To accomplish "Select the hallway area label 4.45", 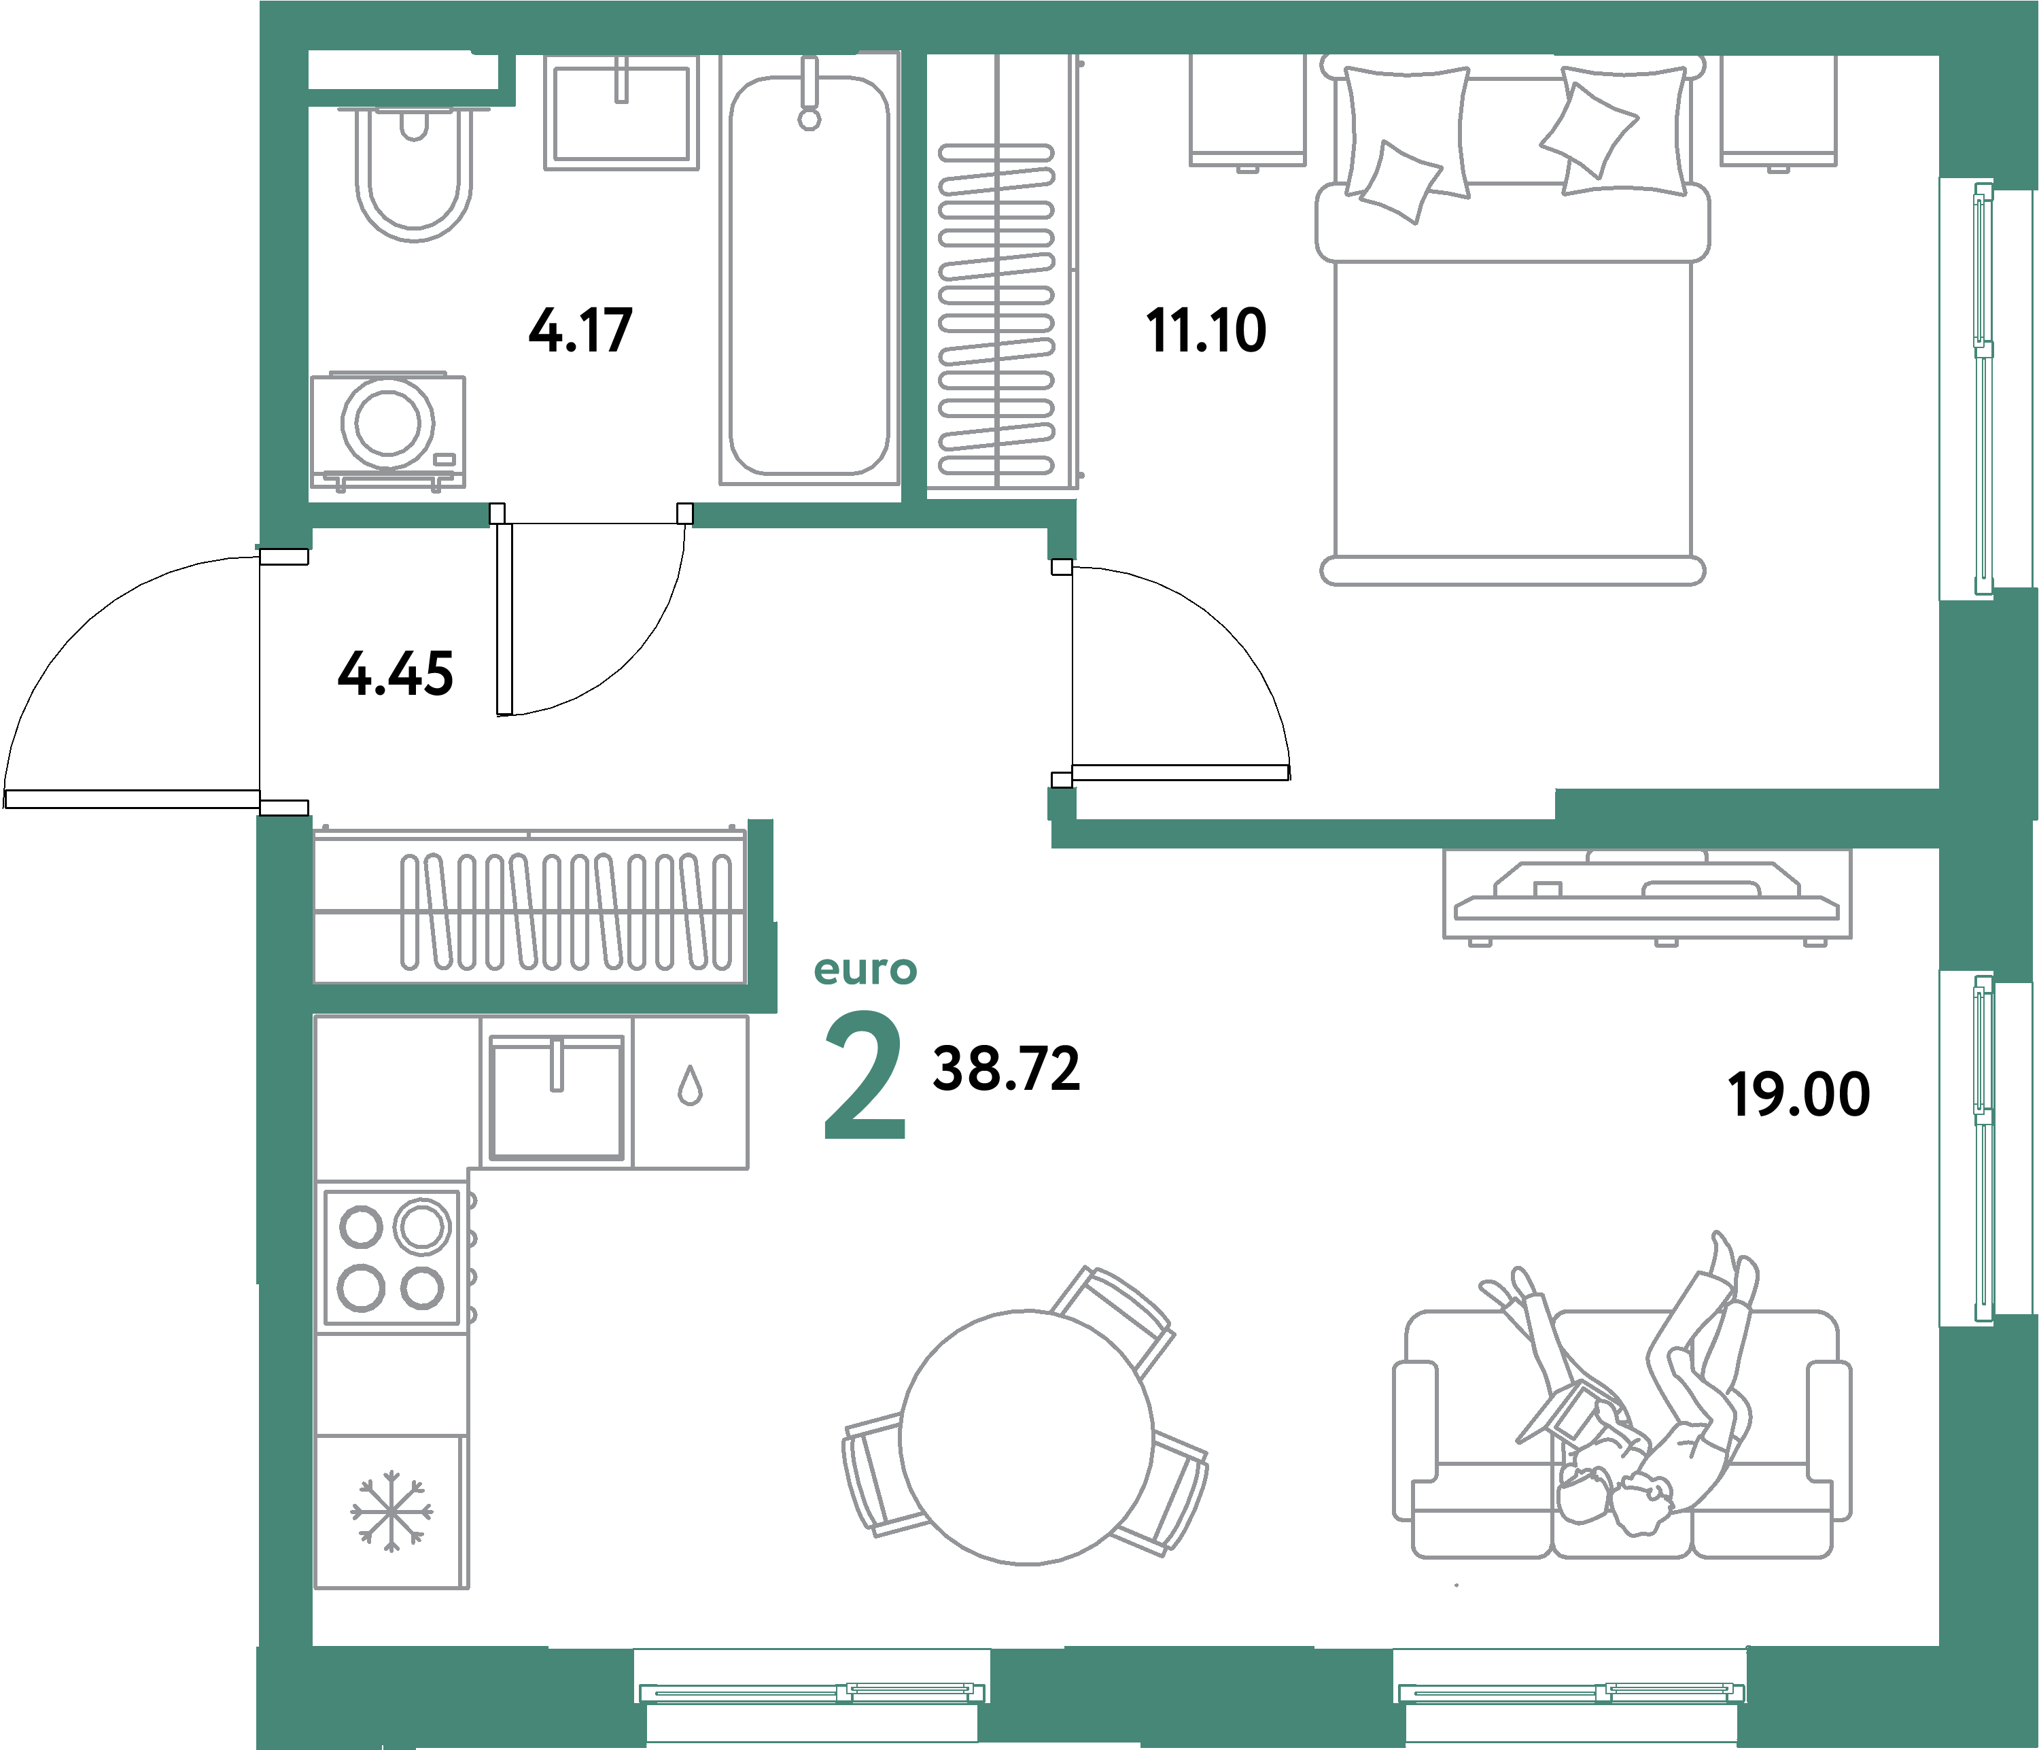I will tap(395, 674).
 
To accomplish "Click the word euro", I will tap(865, 970).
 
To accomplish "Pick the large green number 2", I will tap(863, 1077).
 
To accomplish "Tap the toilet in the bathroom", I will tap(413, 177).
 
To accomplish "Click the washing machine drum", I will tap(387, 422).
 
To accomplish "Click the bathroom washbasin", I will tap(621, 113).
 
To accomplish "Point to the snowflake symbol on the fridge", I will tap(391, 1511).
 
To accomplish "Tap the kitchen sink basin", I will tap(556, 1097).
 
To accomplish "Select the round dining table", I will tap(1026, 1437).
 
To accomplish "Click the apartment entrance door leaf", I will tap(131, 800).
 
